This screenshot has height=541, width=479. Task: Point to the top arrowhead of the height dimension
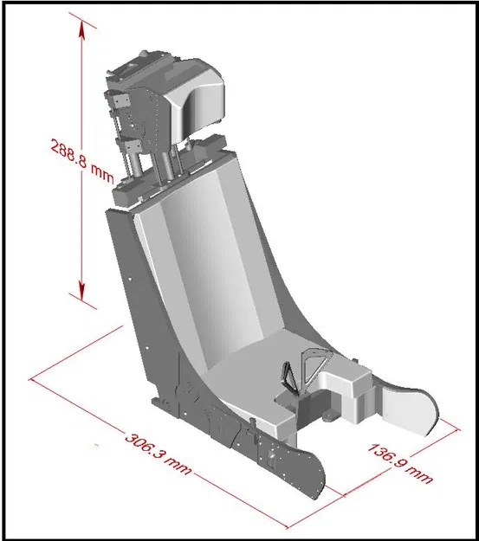coord(83,29)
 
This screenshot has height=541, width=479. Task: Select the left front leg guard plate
coord(295,467)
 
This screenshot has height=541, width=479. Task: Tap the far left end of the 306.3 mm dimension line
coord(32,379)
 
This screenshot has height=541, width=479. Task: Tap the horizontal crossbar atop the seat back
coord(182,173)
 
